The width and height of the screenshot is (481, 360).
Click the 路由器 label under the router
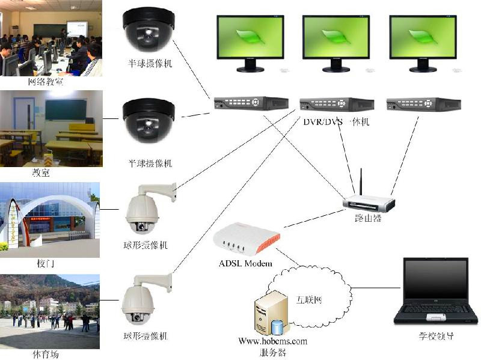tap(368, 218)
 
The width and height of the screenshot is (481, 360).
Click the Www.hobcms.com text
tap(272, 341)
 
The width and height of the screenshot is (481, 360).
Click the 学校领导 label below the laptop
tap(437, 337)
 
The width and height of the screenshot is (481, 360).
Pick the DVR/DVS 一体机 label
tap(336, 122)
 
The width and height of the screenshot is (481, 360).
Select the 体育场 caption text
tap(46, 354)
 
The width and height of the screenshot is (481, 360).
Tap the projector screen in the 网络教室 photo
tap(76, 29)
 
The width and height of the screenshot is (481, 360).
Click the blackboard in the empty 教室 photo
tap(66, 109)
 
